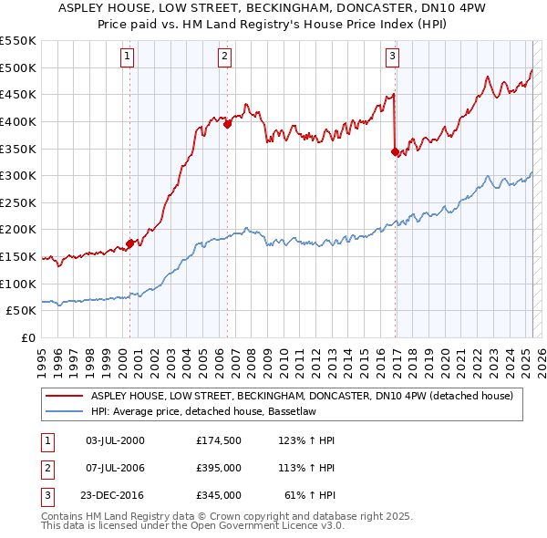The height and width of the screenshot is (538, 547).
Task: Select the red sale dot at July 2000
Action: pyautogui.click(x=130, y=243)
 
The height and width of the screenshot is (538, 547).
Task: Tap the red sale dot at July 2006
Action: pyautogui.click(x=228, y=125)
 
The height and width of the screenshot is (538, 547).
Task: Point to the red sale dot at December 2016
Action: pyautogui.click(x=396, y=152)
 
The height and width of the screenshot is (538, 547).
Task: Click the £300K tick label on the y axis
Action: pyautogui.click(x=17, y=175)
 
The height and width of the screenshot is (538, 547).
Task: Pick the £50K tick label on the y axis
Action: pyautogui.click(x=21, y=310)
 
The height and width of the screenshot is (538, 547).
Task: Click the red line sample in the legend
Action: pyautogui.click(x=65, y=396)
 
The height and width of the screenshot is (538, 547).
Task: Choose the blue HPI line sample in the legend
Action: pyautogui.click(x=65, y=411)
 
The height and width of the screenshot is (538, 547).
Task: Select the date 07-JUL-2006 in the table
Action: pyautogui.click(x=115, y=469)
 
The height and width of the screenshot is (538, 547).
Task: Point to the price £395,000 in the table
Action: pyautogui.click(x=218, y=469)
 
